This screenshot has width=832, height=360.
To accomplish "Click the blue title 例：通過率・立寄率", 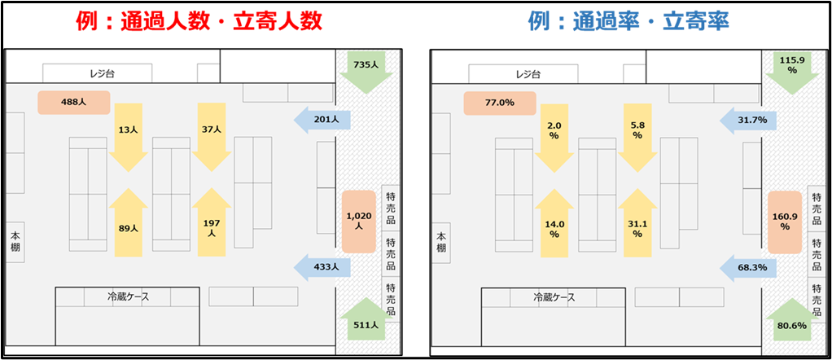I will tap(628, 21).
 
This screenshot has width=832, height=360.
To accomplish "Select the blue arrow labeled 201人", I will tap(323, 120).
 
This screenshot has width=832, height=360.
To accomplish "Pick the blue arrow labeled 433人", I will tap(323, 266).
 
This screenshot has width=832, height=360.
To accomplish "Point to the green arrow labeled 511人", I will tap(363, 321).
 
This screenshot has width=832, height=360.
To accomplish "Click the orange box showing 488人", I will tap(73, 103).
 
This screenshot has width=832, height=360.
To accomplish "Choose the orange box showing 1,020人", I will tap(358, 222).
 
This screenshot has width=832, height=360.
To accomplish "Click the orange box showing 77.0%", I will tap(499, 103).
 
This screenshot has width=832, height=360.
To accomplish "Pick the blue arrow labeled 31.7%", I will tap(749, 121).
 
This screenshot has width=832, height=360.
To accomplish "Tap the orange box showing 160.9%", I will tap(785, 222).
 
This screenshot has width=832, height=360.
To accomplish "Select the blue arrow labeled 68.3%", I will tap(749, 266).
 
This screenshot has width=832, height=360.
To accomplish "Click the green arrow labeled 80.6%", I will tap(789, 321).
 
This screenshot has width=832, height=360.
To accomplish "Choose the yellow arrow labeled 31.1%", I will tap(637, 224).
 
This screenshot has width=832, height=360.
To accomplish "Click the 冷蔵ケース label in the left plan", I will tap(128, 297).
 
